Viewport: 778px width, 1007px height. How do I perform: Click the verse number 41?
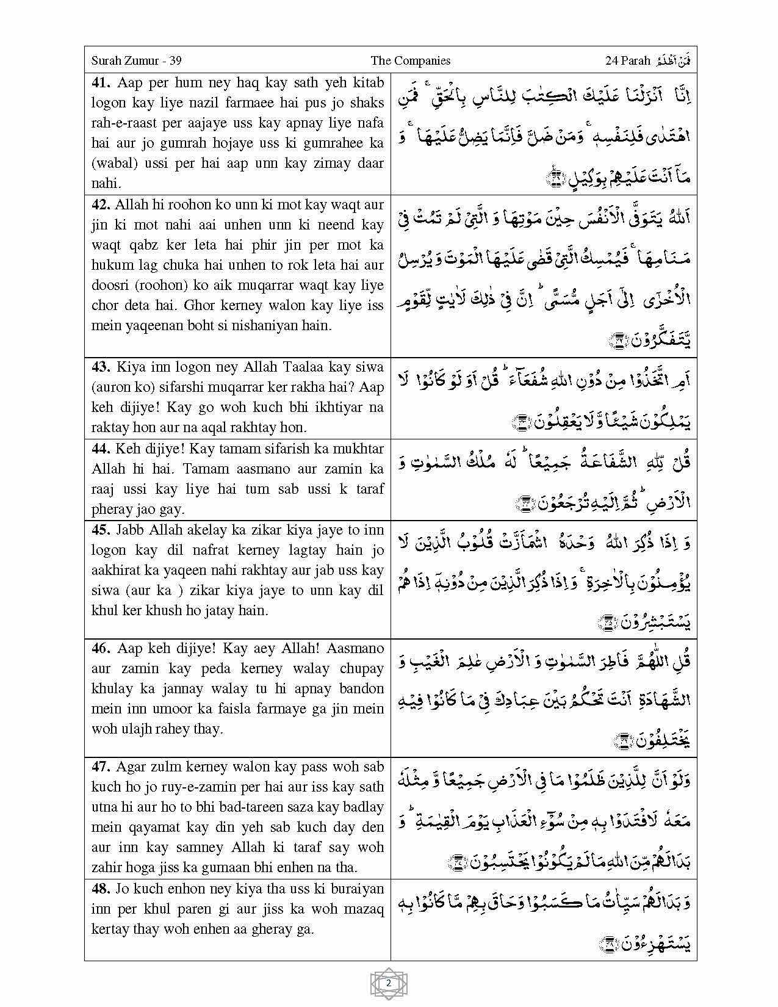click(x=102, y=82)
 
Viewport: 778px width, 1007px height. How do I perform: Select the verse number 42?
click(x=102, y=204)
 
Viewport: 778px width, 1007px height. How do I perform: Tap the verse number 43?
click(x=101, y=367)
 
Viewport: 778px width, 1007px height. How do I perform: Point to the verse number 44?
click(x=101, y=449)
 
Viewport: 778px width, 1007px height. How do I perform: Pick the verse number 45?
click(x=101, y=530)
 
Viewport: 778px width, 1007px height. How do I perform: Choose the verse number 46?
click(x=102, y=648)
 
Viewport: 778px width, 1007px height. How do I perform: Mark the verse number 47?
click(x=102, y=767)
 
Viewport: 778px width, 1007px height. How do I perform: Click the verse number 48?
click(x=102, y=889)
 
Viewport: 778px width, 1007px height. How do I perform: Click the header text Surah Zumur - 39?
click(x=136, y=60)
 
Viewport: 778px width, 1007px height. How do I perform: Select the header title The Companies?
click(x=410, y=60)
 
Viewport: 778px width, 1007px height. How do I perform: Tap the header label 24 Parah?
click(x=627, y=60)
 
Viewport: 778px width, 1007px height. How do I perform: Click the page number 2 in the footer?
click(x=389, y=983)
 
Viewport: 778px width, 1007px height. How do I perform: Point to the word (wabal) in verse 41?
click(x=113, y=163)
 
